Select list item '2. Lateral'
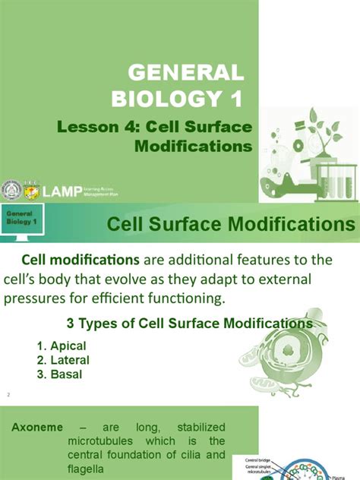coord(62,360)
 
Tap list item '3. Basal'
coord(59,374)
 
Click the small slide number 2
coord(7,396)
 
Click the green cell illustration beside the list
coord(292,363)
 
